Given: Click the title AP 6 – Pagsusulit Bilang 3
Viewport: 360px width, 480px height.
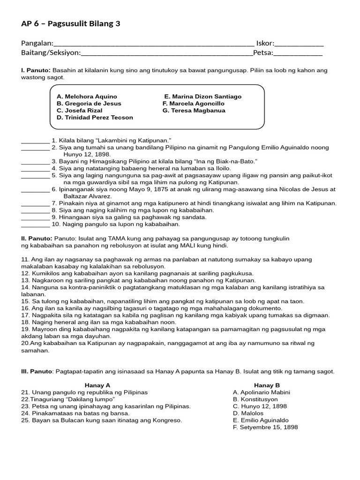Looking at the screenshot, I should coord(71,24).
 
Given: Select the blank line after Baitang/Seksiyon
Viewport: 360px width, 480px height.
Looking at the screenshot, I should coord(166,53).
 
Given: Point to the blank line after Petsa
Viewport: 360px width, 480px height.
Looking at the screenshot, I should coord(298,53).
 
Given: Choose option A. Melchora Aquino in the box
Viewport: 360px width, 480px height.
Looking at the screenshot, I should coord(87,97).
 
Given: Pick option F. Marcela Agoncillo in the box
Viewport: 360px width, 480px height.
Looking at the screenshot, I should coord(194,104).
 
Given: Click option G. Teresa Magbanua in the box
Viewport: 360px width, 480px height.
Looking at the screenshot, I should coord(194,111).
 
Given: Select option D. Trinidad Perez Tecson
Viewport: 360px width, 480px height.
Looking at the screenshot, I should coord(95,118).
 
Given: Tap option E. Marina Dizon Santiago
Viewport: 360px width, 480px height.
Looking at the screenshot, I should coord(203,97).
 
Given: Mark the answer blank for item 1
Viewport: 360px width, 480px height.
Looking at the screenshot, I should coord(35,141).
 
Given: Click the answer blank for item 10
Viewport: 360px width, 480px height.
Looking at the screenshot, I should coord(35,225).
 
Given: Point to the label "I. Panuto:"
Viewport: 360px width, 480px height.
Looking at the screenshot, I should coord(36,70).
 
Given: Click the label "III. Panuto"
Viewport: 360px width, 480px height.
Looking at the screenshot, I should coord(37,371).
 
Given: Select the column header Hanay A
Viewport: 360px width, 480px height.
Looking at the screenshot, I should coord(97,385).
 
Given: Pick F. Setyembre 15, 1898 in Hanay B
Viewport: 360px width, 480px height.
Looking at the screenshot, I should coord(265,427).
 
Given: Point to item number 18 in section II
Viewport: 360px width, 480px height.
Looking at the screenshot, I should coord(25,322).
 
